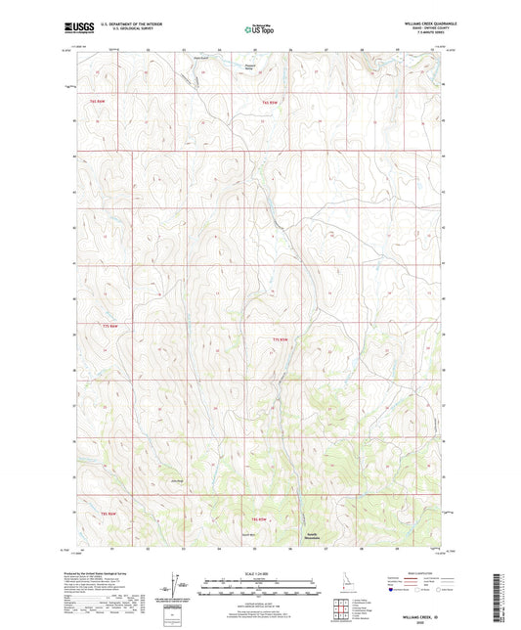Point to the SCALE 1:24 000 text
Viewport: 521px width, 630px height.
(x=260, y=573)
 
